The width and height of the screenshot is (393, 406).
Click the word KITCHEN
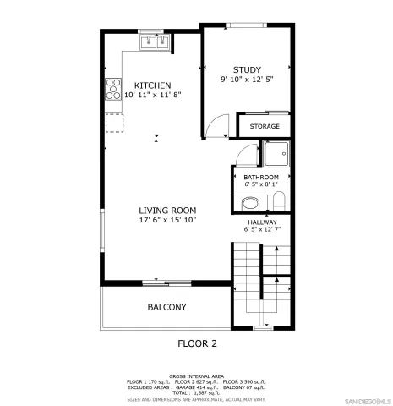(x=153, y=85)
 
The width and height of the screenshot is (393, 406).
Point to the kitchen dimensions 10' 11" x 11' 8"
(x=153, y=96)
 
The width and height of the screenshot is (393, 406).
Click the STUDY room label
(x=247, y=70)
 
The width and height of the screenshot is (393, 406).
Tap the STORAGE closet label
(x=265, y=127)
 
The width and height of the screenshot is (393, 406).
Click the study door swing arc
(x=216, y=126)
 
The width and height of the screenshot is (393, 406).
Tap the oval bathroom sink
(x=248, y=204)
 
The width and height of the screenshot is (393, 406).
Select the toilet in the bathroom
(x=278, y=201)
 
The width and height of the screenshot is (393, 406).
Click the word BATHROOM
(x=260, y=178)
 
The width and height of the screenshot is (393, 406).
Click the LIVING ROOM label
(x=167, y=211)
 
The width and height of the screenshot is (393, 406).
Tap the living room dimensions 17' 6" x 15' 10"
(x=167, y=221)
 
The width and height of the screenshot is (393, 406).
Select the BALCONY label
(x=166, y=307)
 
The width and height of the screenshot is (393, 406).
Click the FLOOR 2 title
(x=197, y=343)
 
